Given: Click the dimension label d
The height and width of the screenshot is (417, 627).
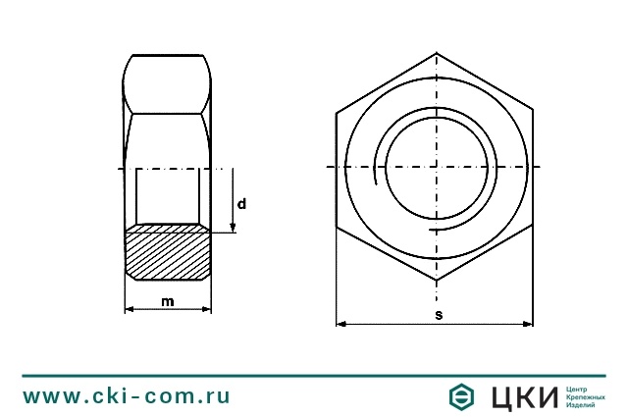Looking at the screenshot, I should click(x=241, y=204).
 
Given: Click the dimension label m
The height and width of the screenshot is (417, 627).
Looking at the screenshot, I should click(x=168, y=301).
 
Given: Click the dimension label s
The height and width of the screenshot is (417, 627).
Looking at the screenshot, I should click(x=438, y=314).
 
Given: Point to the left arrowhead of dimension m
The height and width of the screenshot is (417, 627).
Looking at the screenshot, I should click(x=129, y=310).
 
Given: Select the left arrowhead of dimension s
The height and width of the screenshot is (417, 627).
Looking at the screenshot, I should click(x=340, y=323).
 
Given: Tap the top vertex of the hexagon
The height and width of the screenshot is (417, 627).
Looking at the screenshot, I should click(x=437, y=53).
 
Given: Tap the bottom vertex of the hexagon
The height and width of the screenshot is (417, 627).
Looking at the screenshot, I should click(x=437, y=282).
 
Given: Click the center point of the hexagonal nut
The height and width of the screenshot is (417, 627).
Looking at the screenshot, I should click(x=437, y=168).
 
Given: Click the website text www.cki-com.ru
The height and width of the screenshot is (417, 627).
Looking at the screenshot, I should click(x=127, y=396).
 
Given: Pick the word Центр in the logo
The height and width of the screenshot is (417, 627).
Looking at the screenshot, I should click(x=577, y=389).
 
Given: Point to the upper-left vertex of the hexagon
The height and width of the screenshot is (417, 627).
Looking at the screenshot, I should click(x=337, y=110).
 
